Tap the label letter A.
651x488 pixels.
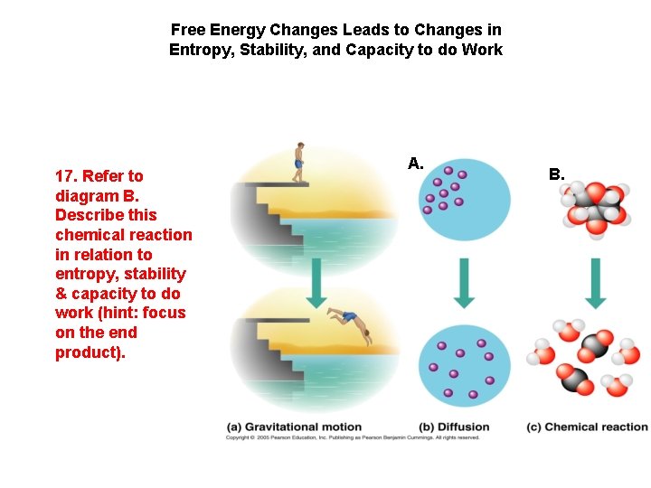pyautogui.click(x=416, y=164)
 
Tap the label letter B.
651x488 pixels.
pyautogui.click(x=556, y=174)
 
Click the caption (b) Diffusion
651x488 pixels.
pyautogui.click(x=454, y=427)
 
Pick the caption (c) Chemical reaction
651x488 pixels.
pyautogui.click(x=587, y=427)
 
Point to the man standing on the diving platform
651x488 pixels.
pyautogui.click(x=298, y=164)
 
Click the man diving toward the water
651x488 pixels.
pyautogui.click(x=348, y=322)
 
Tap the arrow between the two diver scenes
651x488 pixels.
pyautogui.click(x=316, y=281)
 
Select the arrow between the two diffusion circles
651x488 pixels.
pyautogui.click(x=465, y=281)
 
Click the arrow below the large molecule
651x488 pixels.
pyautogui.click(x=594, y=281)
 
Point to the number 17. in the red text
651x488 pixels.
pyautogui.click(x=66, y=176)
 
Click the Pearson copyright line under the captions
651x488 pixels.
pyautogui.click(x=353, y=438)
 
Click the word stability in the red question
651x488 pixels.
pyautogui.click(x=156, y=274)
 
